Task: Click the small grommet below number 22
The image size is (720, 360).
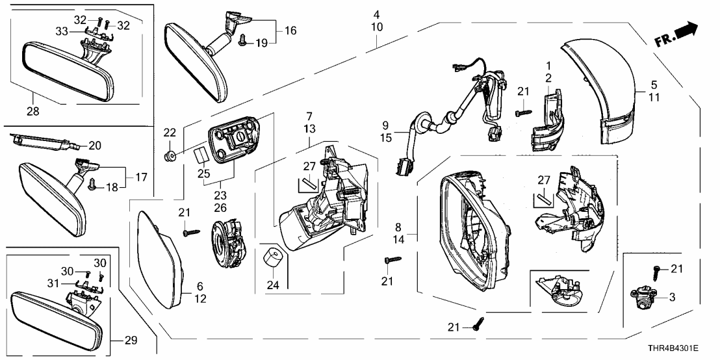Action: (170, 155)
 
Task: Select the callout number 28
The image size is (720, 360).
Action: (32, 111)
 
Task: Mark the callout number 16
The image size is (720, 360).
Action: (290, 30)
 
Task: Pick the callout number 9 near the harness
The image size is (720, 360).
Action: (385, 124)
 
